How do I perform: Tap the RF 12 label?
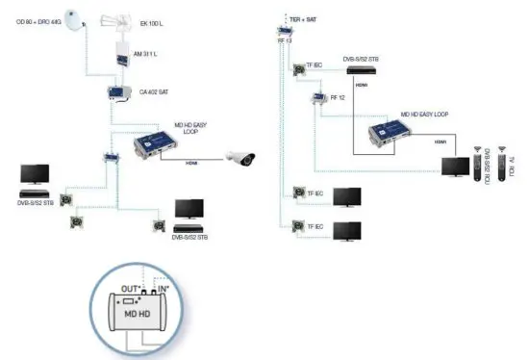pos(338,97)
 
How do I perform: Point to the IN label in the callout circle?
pos(164,288)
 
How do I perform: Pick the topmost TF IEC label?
pos(314,64)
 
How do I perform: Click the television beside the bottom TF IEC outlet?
pos(346,231)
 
